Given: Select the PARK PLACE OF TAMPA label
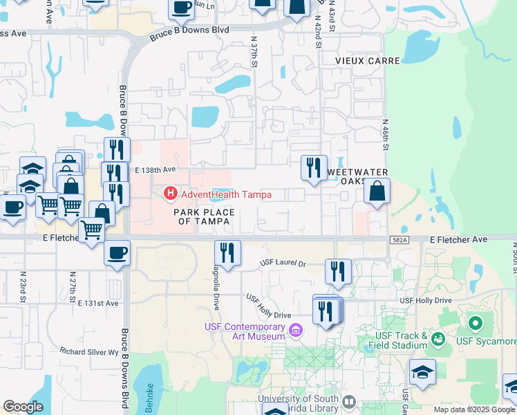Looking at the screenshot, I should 203,216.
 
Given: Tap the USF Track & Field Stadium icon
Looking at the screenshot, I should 438,339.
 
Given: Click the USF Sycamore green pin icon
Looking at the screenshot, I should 475,323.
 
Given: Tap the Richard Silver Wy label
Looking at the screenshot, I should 89,351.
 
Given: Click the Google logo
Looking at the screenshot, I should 23,407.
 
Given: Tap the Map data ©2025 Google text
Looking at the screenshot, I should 473,409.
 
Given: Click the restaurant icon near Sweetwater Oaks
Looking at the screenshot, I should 314,167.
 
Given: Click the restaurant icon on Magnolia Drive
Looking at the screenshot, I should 227,253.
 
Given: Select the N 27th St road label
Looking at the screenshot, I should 71,284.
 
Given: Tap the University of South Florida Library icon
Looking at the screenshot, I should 349,402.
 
